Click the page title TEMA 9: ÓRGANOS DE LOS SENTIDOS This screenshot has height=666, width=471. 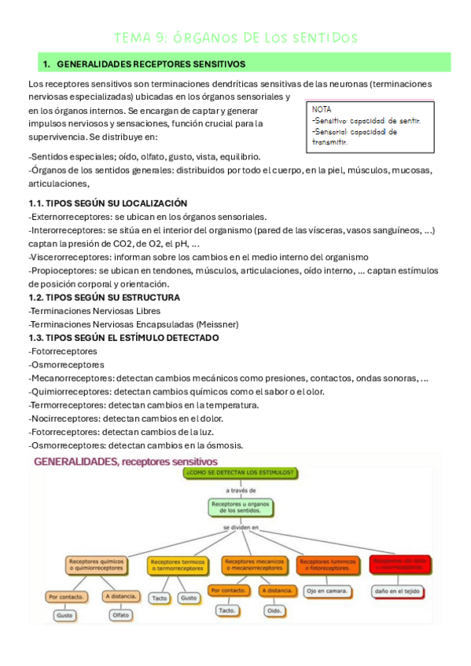[236, 38]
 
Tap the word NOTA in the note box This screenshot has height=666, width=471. [322, 109]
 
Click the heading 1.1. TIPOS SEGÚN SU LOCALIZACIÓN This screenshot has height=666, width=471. [108, 203]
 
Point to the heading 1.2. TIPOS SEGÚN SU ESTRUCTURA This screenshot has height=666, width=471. [104, 298]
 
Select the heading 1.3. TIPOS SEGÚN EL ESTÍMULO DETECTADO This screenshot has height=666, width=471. [123, 338]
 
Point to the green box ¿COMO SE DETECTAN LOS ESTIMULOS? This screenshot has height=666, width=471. [241, 473]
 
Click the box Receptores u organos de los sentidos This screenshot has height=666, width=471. [241, 507]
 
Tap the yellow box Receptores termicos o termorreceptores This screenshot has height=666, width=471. [178, 565]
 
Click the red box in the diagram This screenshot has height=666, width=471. [399, 564]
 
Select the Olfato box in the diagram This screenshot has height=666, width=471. [120, 615]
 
